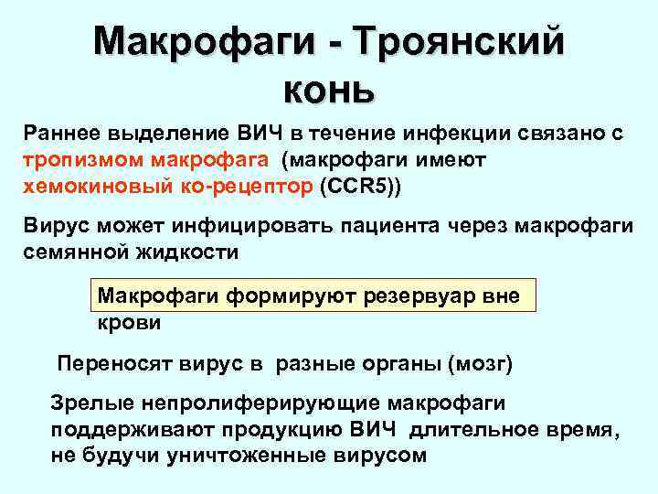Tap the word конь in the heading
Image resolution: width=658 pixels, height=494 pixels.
click(328, 89)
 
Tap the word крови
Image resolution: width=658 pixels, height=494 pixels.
click(129, 323)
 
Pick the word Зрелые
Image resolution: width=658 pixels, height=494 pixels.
click(87, 403)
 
